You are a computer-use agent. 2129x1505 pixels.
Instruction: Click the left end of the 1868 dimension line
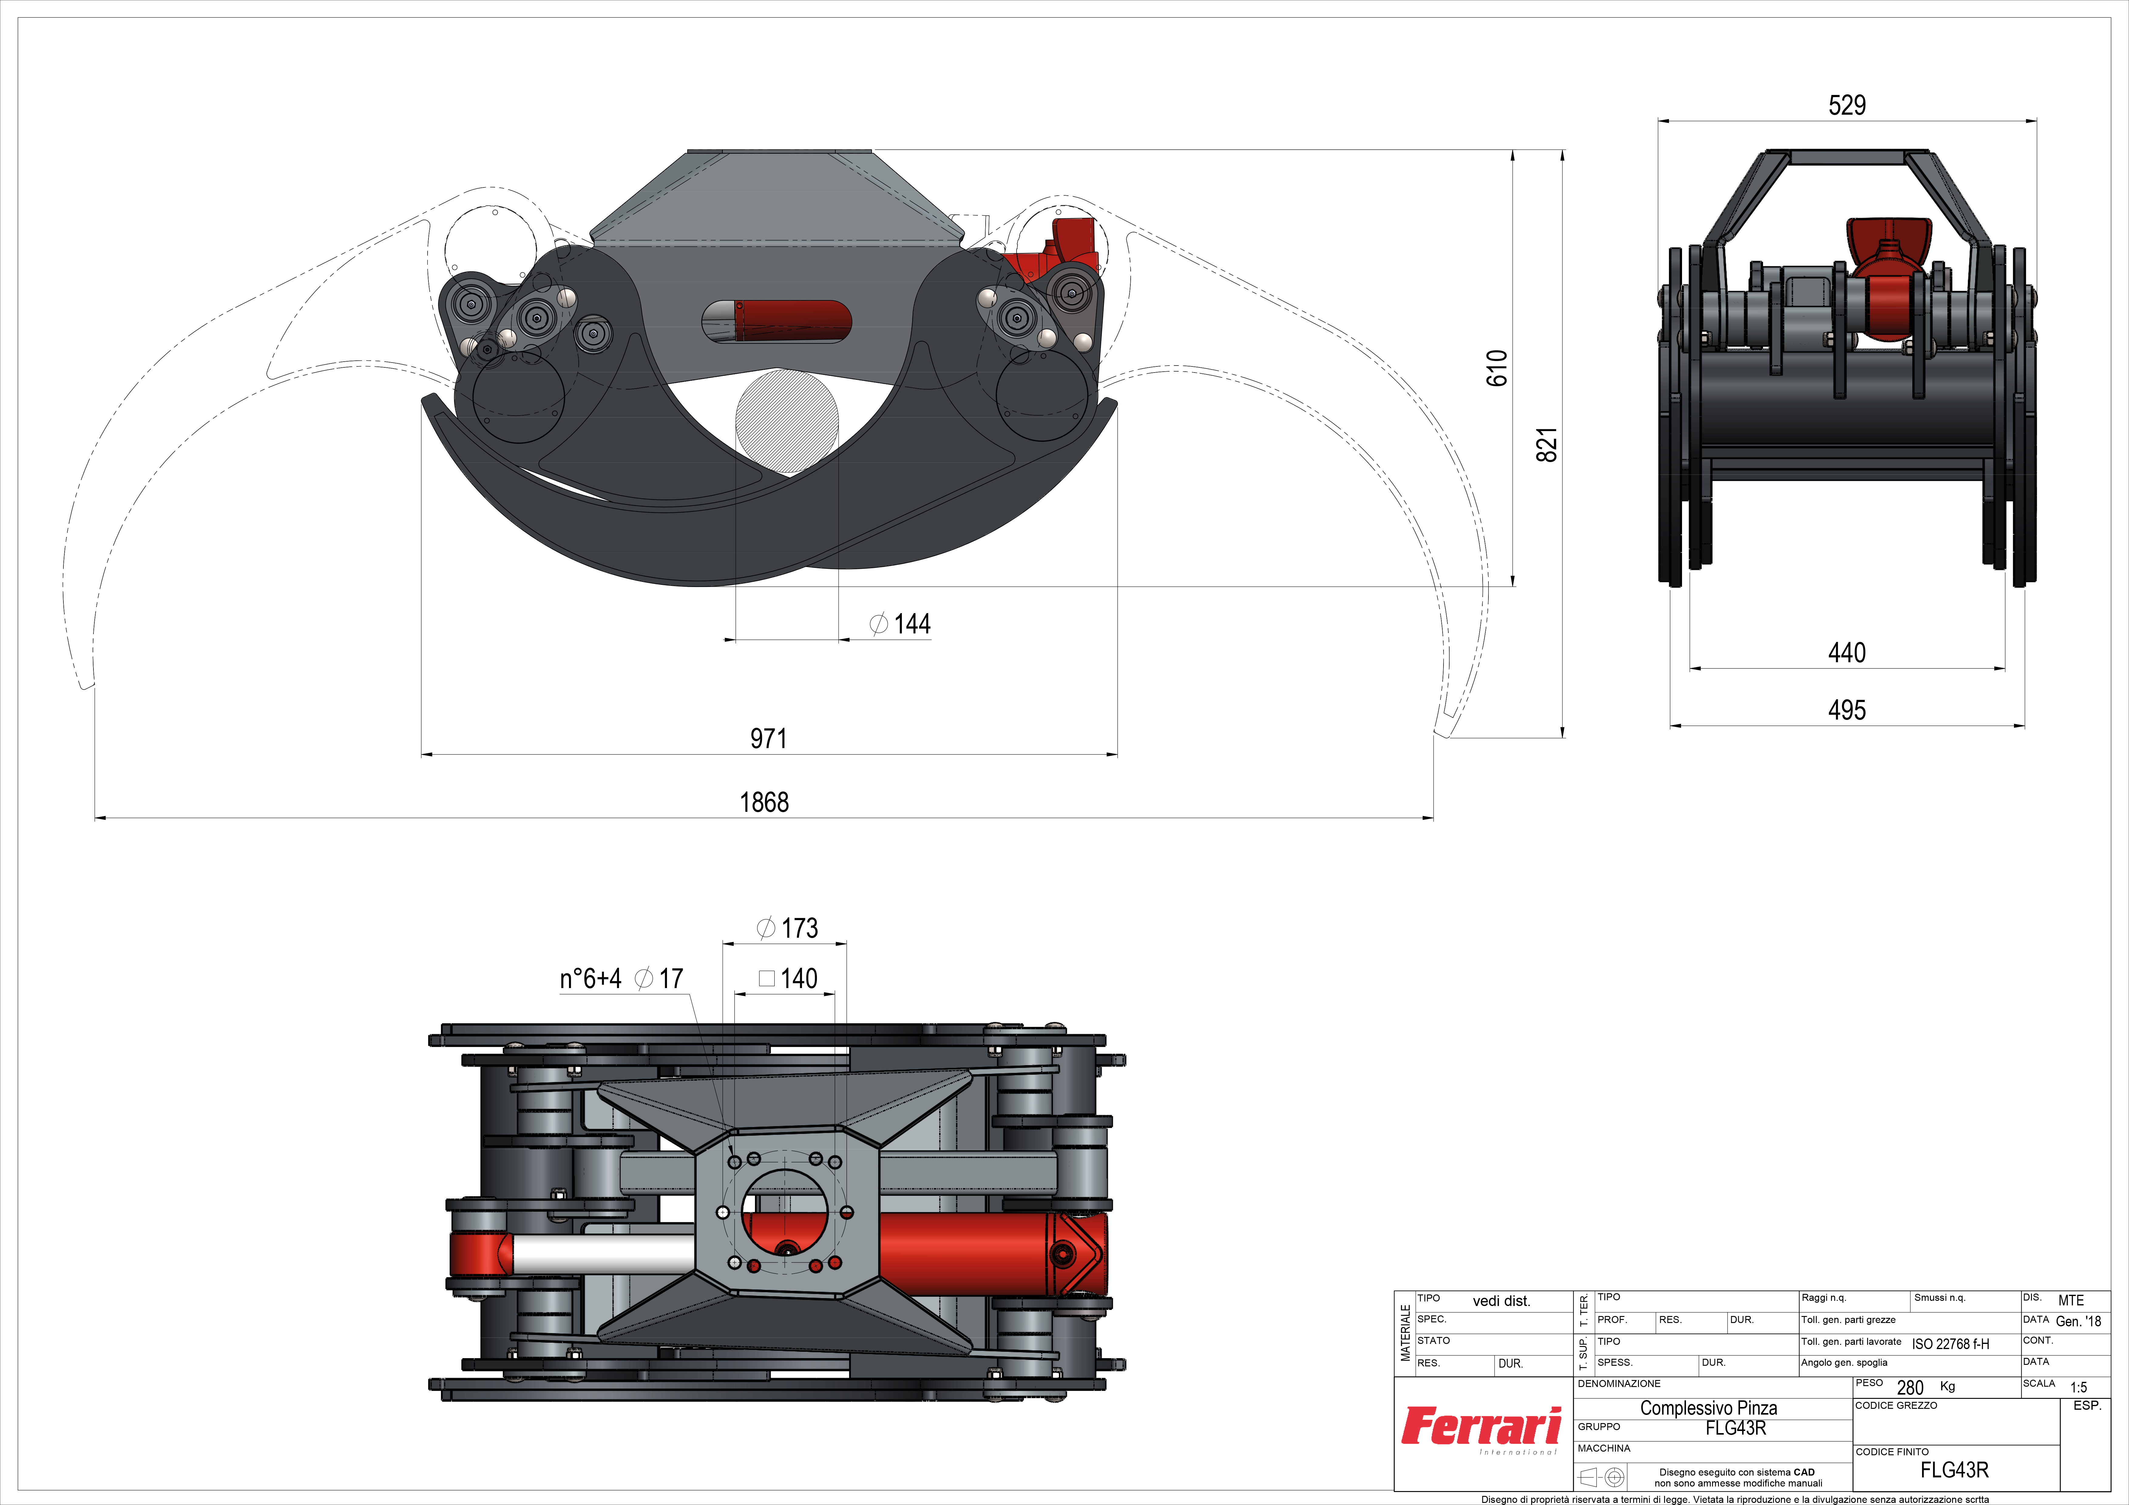tap(96, 818)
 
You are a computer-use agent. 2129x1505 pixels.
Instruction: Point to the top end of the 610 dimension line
tap(1512, 150)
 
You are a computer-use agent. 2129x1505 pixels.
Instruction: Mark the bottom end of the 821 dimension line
tap(1562, 737)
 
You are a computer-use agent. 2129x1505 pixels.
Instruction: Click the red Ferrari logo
tap(1481, 1427)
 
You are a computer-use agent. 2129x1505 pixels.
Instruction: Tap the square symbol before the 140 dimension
tap(766, 978)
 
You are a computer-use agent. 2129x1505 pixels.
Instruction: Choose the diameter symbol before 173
tap(766, 928)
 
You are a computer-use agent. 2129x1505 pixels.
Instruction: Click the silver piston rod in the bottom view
tap(603, 1254)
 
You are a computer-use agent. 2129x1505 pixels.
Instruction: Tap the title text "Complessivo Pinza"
tap(1709, 1408)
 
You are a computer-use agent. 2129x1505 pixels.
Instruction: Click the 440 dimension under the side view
tap(1847, 653)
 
